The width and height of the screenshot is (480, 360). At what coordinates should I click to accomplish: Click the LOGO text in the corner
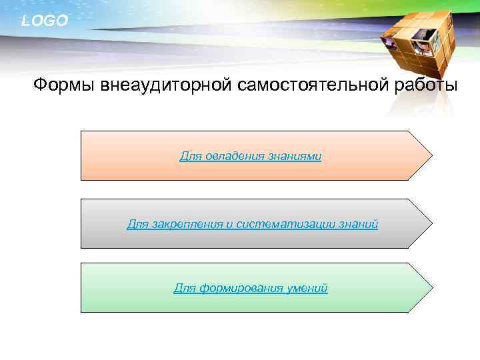[44, 21]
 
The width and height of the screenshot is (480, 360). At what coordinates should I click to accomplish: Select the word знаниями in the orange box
[295, 156]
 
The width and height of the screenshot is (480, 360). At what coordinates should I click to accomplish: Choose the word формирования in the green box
[241, 288]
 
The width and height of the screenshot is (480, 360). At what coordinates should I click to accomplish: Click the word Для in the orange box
[189, 156]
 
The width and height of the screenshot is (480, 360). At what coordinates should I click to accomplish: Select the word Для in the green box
[184, 288]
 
